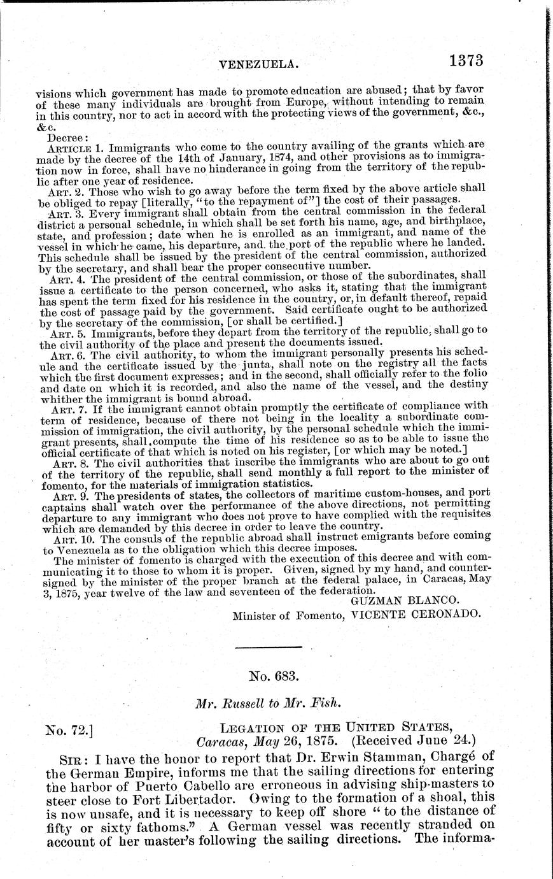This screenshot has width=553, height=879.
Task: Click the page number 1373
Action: point(466,61)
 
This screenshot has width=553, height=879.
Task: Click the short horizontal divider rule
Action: point(268,648)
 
